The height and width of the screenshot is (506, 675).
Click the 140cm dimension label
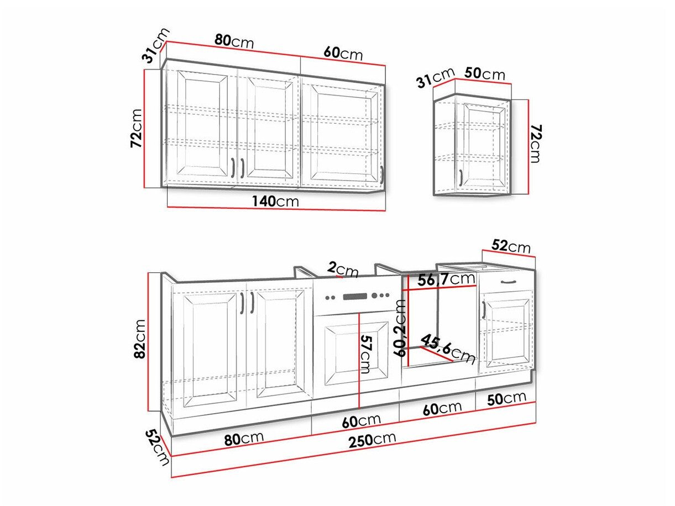click(x=275, y=202)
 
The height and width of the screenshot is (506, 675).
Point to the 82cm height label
click(x=140, y=339)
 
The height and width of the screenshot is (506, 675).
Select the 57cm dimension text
click(x=365, y=354)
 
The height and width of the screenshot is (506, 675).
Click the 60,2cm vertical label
click(x=400, y=328)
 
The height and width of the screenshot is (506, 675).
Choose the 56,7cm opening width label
click(x=446, y=280)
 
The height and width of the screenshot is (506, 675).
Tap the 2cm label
click(x=343, y=270)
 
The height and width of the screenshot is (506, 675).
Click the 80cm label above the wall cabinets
click(x=234, y=41)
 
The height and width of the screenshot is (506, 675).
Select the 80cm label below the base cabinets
click(x=244, y=439)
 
